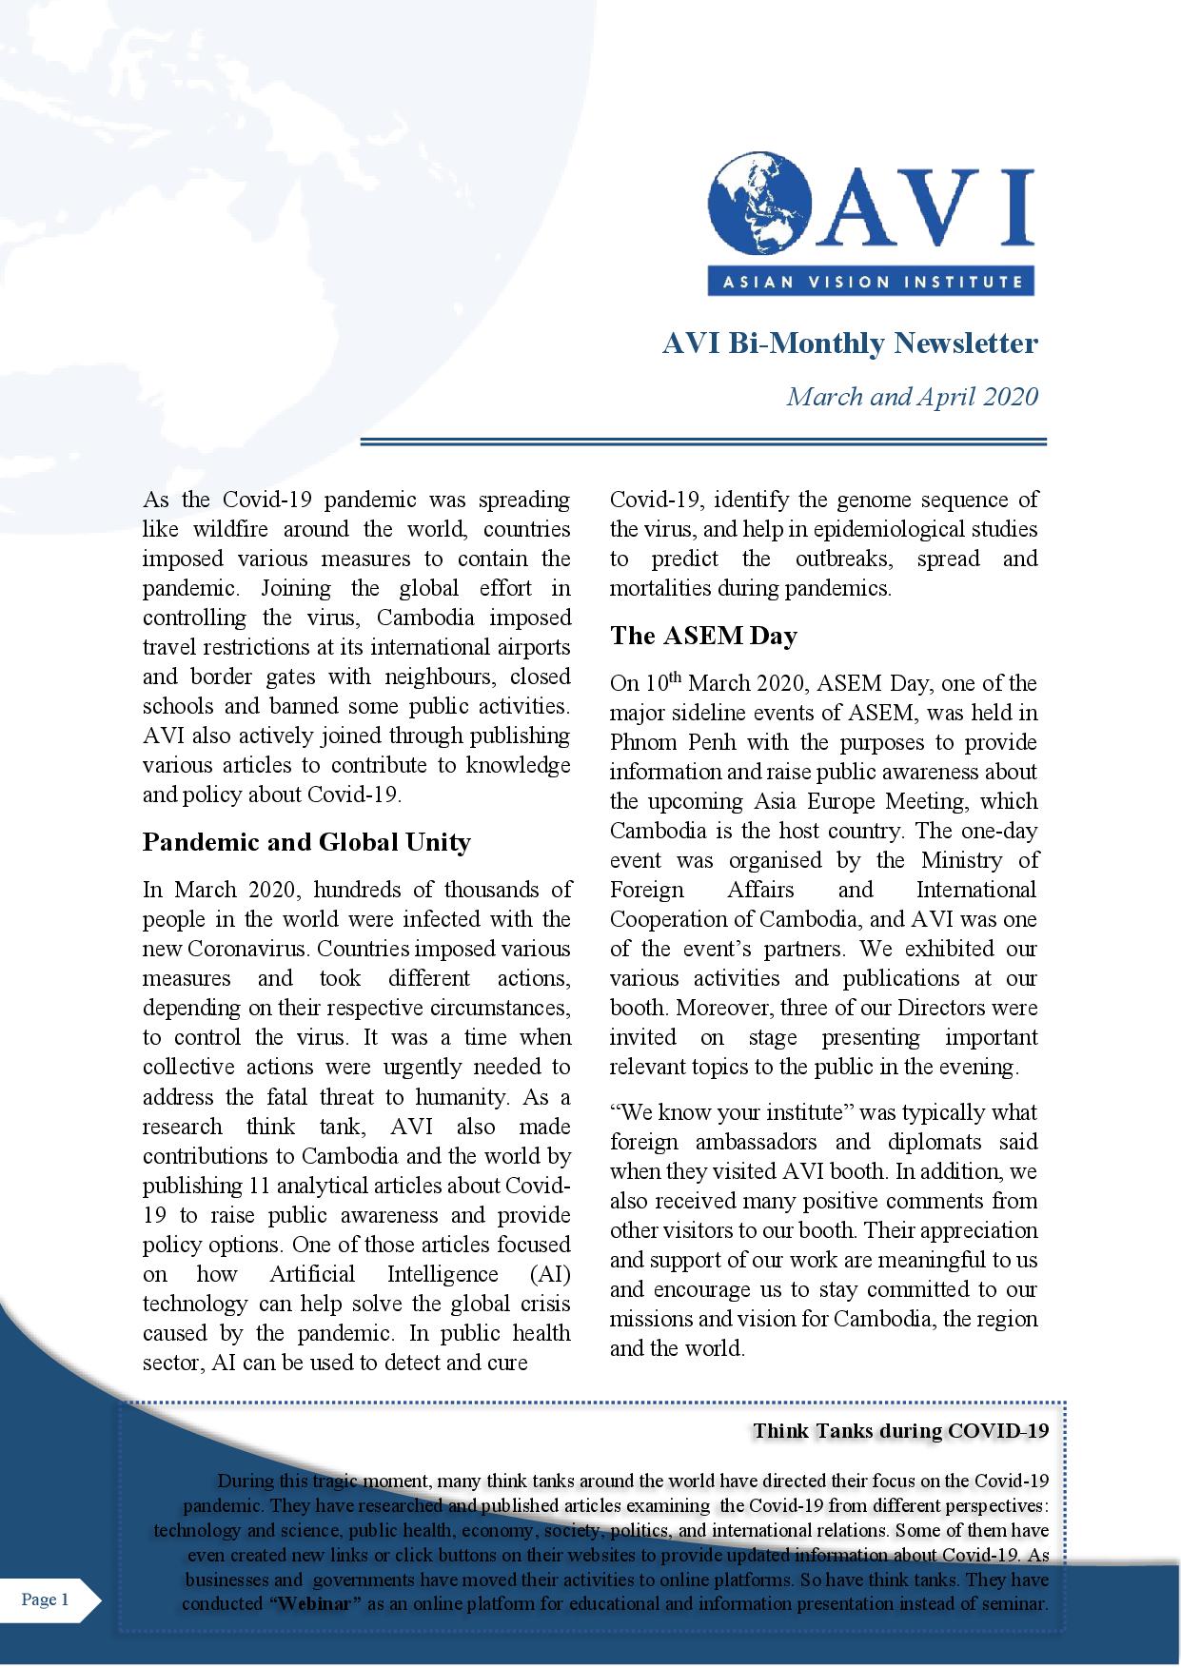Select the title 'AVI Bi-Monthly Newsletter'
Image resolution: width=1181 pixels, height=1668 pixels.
(850, 343)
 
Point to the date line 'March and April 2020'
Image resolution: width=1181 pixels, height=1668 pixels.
(912, 396)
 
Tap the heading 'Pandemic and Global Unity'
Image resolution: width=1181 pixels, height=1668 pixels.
(306, 842)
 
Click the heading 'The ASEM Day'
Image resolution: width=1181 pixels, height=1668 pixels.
(703, 636)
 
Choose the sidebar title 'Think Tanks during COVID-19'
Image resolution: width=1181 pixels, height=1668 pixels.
(900, 1431)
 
